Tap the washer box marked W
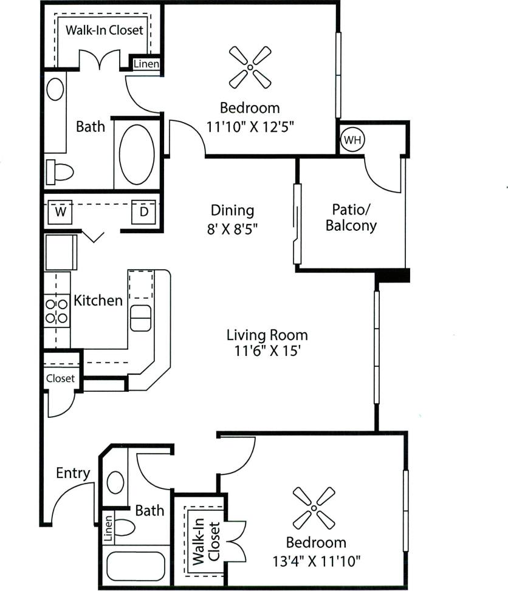pyautogui.click(x=61, y=212)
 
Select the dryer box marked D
pyautogui.click(x=144, y=212)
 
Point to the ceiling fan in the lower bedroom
pyautogui.click(x=314, y=507)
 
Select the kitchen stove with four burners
pyautogui.click(x=57, y=310)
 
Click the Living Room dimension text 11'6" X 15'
pyautogui.click(x=267, y=351)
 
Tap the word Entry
pyautogui.click(x=73, y=473)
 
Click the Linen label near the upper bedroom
pyautogui.click(x=146, y=64)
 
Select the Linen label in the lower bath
pyautogui.click(x=108, y=530)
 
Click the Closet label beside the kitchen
pyautogui.click(x=60, y=378)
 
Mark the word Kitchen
pyautogui.click(x=98, y=300)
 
